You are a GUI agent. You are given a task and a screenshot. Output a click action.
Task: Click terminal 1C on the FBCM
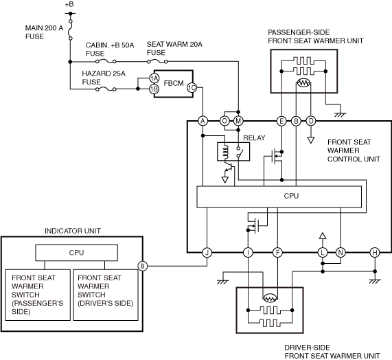coord(192,87)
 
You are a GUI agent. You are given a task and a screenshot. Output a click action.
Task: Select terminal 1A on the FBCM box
coord(154,78)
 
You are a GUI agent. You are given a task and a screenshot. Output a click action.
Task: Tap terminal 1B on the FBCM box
coord(154,89)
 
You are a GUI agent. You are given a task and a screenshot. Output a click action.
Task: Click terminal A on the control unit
coord(203,121)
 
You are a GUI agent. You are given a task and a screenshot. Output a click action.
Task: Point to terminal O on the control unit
coord(224,121)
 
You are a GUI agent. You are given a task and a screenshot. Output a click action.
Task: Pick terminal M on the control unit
coord(238,121)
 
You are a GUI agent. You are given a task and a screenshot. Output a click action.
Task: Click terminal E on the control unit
coord(281,121)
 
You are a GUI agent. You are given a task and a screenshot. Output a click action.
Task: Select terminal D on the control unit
coord(311,121)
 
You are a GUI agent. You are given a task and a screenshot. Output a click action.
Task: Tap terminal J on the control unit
coord(207,253)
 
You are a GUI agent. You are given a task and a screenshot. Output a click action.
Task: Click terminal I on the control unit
coord(248,253)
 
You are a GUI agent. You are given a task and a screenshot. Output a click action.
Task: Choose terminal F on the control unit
coord(277,253)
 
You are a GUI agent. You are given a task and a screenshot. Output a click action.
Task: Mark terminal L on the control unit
coord(323,253)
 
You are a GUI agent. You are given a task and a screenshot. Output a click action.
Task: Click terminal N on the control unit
coord(341,253)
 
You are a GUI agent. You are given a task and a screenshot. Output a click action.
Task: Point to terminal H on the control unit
coord(375,253)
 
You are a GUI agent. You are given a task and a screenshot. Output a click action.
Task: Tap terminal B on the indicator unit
coord(143,266)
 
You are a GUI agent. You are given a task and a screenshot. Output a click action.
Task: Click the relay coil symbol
coord(225,152)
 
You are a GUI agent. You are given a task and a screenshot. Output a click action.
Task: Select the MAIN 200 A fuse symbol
coord(71,30)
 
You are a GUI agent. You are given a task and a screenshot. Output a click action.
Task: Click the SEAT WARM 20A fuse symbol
coord(157,61)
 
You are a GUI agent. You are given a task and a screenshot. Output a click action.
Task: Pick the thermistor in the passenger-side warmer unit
coord(303,83)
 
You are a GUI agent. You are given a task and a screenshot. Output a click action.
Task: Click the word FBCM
coord(174,83)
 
